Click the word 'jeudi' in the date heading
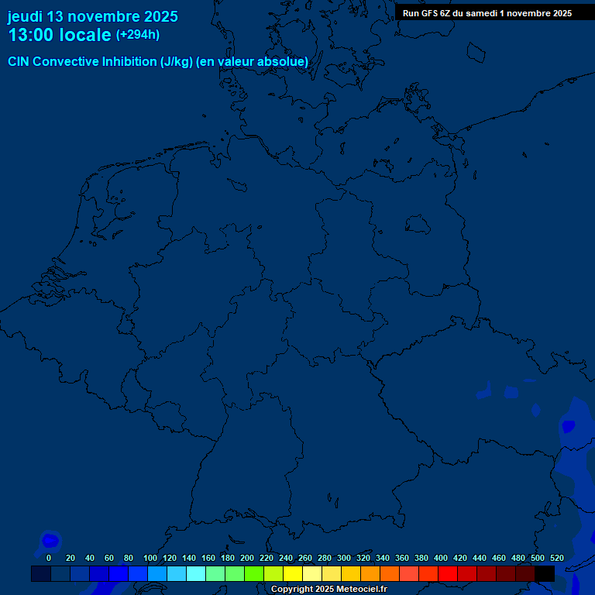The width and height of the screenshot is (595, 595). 25,16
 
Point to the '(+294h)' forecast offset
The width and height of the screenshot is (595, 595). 138,35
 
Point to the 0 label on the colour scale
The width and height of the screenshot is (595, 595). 49,558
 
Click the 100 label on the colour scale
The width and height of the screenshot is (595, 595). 150,558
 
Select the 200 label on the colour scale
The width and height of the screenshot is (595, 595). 247,558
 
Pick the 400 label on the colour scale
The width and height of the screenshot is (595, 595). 441,558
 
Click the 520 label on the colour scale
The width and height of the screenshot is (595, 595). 556,558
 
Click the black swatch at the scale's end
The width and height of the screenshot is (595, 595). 545,574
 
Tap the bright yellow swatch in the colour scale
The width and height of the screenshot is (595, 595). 293,574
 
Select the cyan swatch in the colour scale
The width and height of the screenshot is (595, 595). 196,574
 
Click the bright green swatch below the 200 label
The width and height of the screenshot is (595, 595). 254,574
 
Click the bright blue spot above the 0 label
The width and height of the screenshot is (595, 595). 50,539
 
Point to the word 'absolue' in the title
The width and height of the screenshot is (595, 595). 284,62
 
